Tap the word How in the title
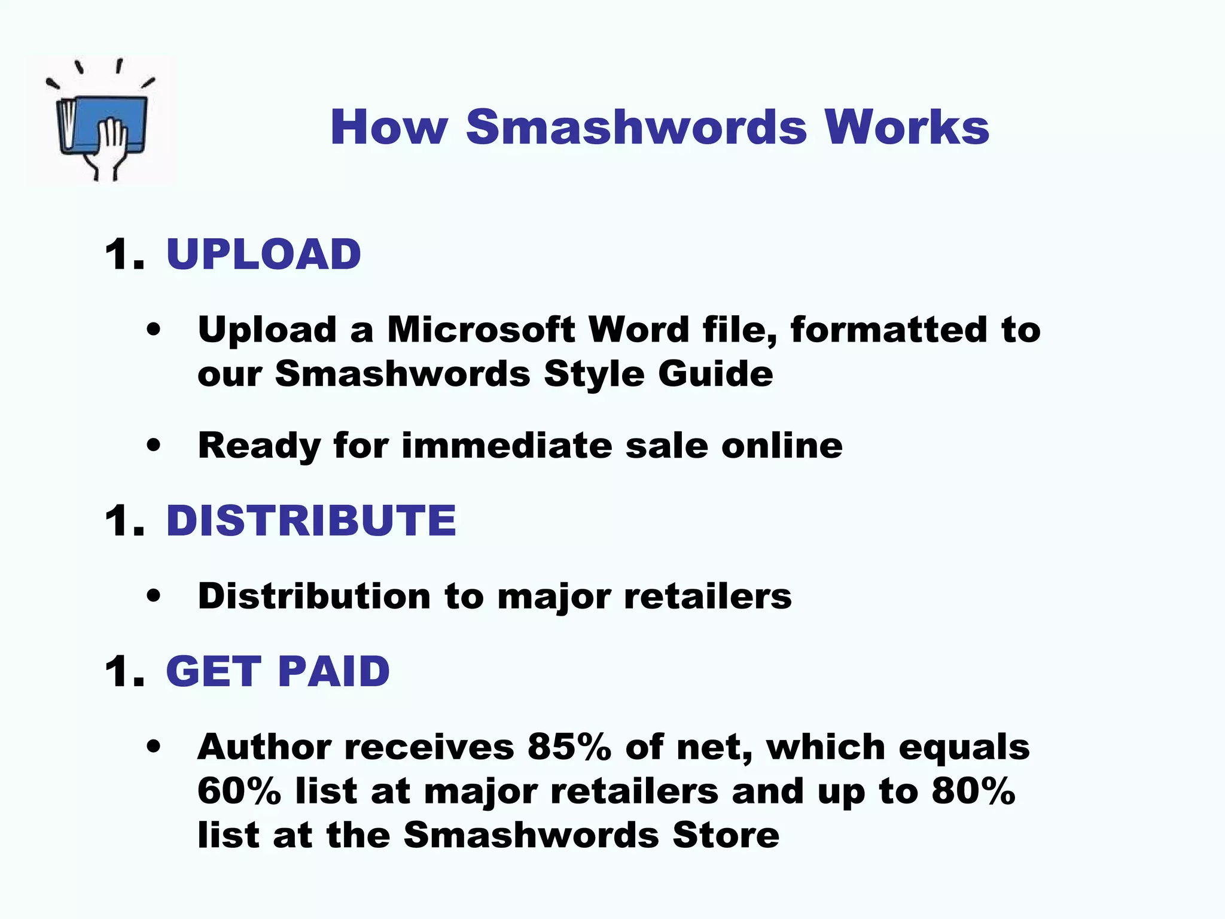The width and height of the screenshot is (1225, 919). point(389,127)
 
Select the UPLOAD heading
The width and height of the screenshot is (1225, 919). point(263,254)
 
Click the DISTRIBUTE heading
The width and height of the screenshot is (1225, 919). point(311,520)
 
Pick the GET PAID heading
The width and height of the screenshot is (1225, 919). point(278,671)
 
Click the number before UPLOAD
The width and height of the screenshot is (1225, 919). point(124,254)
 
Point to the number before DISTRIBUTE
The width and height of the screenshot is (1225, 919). point(124,520)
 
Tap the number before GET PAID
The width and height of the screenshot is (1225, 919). point(124,671)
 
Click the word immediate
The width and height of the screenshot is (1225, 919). point(507,446)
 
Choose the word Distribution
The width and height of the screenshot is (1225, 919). point(314,597)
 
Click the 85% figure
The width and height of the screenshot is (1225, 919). point(569,747)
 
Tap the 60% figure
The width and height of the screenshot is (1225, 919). point(239,791)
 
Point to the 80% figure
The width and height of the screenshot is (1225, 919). point(973,791)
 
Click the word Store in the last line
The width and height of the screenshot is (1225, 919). point(726,835)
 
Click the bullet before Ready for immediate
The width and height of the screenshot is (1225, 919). point(154,446)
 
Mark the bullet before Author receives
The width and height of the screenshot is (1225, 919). point(154,747)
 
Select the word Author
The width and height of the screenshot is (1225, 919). point(264,747)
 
